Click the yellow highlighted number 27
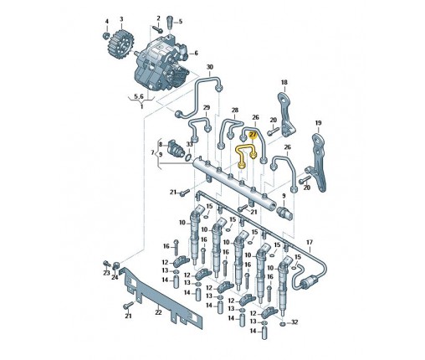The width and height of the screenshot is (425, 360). [x=253, y=136]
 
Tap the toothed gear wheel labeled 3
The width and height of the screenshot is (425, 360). [x=120, y=45]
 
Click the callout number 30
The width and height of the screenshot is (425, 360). [x=210, y=67]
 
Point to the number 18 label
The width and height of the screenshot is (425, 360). [x=284, y=82]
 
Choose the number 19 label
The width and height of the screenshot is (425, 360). [x=318, y=123]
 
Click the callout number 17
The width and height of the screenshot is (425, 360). [x=310, y=243]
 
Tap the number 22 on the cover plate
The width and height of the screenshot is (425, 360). [x=158, y=312]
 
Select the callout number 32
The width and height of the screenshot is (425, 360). [x=294, y=322]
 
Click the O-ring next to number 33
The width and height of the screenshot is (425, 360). [x=188, y=157]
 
